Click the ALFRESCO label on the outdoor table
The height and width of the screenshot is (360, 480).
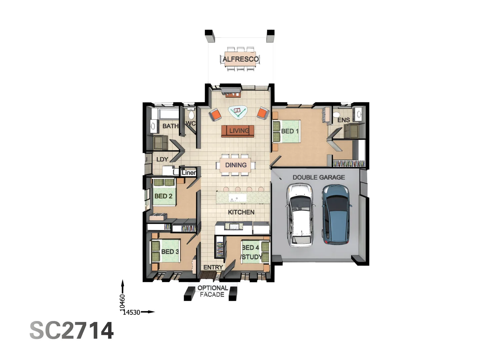pos(240,59)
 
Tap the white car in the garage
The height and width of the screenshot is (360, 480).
pos(301,215)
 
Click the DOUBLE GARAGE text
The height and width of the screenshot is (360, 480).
pos(319,177)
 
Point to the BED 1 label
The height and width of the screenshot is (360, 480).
pos(290,131)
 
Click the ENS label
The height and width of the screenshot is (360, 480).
pos(343,120)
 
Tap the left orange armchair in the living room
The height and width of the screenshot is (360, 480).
pos(215,115)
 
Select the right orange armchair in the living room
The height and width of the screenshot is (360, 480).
pos(263,113)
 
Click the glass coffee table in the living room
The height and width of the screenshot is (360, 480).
pos(238,112)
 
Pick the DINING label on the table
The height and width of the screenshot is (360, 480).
pos(236,165)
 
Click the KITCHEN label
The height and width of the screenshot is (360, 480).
pos(241,212)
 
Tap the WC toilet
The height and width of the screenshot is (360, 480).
pos(191,115)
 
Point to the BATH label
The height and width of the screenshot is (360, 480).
pos(170,126)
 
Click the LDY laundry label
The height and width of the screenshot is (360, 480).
pos(162,159)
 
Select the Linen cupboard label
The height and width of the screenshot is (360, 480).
pos(189,173)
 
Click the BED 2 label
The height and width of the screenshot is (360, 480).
pos(163,196)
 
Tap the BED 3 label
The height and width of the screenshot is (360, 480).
pos(170,252)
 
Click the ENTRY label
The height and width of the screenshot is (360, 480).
pos(213,267)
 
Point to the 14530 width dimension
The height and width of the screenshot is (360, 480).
pos(132,312)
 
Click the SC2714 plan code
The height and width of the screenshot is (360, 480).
pos(72,331)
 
